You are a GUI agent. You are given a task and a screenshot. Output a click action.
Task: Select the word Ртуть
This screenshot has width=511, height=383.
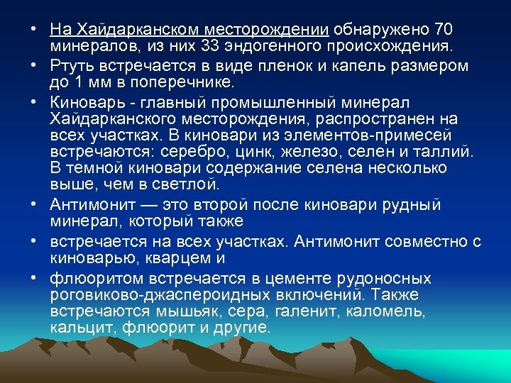coord(70,66)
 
